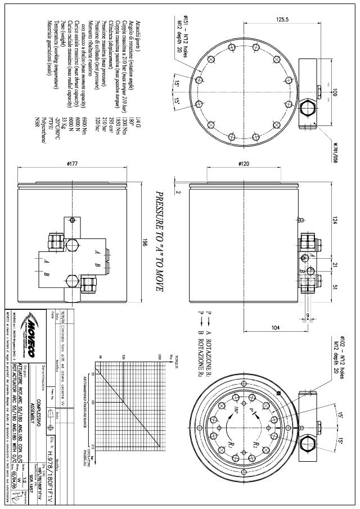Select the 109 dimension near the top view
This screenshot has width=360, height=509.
click(335, 92)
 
